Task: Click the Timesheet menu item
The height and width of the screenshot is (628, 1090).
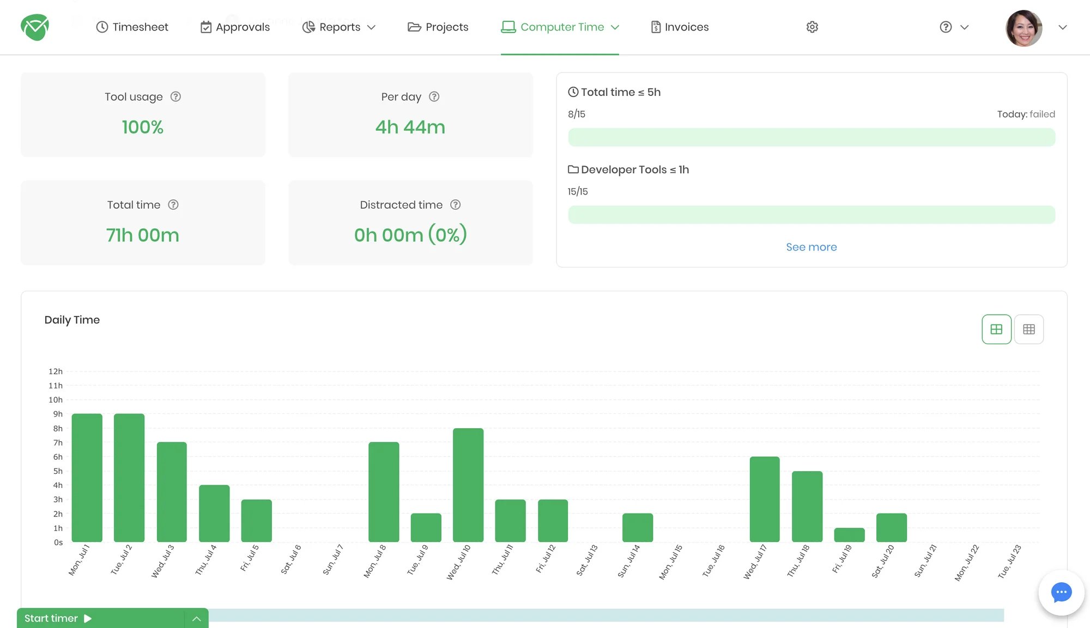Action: click(132, 27)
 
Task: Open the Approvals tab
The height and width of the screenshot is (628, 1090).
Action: click(235, 27)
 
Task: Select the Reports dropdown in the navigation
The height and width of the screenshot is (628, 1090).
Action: click(339, 27)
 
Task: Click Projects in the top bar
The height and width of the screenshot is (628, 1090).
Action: click(438, 27)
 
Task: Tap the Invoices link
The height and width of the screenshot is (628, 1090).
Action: click(680, 27)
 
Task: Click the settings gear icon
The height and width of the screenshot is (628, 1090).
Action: click(812, 27)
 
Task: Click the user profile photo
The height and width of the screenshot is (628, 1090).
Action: click(1024, 28)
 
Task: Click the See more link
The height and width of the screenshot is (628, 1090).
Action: click(811, 247)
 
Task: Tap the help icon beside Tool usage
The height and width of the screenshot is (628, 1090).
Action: click(175, 96)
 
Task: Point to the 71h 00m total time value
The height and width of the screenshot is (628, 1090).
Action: click(142, 235)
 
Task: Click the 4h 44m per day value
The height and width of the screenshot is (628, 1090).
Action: click(410, 127)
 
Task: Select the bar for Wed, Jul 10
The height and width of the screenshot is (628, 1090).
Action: click(468, 485)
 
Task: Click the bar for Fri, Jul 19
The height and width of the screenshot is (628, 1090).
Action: click(849, 534)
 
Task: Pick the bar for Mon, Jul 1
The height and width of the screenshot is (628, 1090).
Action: click(87, 478)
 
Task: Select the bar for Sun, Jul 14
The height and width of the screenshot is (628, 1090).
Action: click(637, 527)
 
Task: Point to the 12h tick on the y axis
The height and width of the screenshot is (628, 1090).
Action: click(56, 371)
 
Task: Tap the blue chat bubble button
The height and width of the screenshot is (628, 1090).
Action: click(1061, 592)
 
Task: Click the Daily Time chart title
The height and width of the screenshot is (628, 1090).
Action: click(72, 320)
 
